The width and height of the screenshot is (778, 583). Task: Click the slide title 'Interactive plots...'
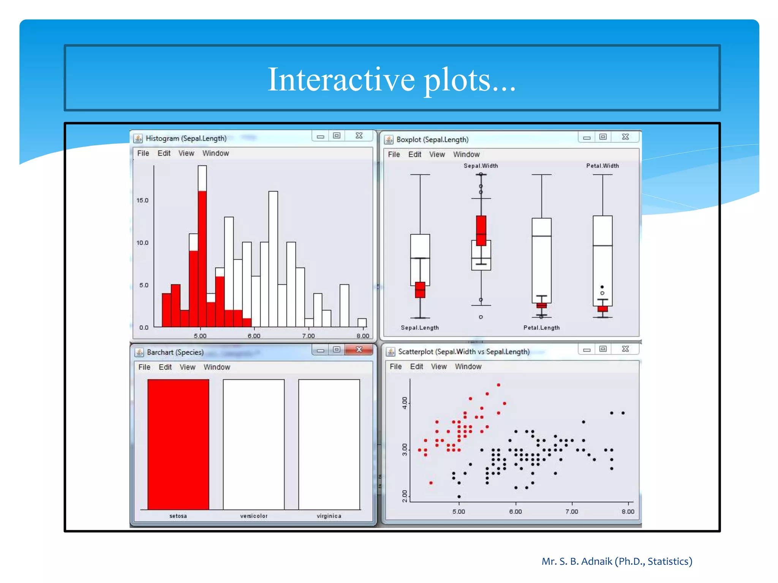pyautogui.click(x=392, y=79)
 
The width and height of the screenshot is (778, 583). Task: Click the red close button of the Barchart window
pyautogui.click(x=359, y=349)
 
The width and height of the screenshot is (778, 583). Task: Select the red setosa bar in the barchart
pyautogui.click(x=178, y=444)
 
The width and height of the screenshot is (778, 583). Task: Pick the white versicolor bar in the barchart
pyautogui.click(x=253, y=444)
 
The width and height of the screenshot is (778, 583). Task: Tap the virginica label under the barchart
pyautogui.click(x=329, y=516)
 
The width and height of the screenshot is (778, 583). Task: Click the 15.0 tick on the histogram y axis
pyautogui.click(x=142, y=200)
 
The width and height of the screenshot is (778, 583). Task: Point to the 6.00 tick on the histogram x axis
pyautogui.click(x=254, y=336)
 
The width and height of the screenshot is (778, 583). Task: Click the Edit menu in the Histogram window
pyautogui.click(x=164, y=153)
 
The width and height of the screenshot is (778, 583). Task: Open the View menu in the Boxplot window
pyautogui.click(x=437, y=154)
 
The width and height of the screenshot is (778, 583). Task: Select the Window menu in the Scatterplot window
pyautogui.click(x=468, y=367)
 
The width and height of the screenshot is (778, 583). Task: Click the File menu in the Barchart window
pyautogui.click(x=144, y=367)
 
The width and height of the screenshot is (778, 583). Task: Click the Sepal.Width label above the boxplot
pyautogui.click(x=481, y=166)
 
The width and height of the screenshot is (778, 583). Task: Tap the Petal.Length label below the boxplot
pyautogui.click(x=541, y=328)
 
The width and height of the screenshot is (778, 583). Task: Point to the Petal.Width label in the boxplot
pyautogui.click(x=602, y=166)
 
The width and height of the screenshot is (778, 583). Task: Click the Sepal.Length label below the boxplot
pyautogui.click(x=420, y=328)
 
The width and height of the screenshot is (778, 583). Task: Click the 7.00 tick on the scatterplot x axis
pyautogui.click(x=572, y=512)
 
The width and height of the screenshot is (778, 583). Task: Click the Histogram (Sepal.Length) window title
pyautogui.click(x=186, y=139)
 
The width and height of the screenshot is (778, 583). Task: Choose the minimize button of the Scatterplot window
pyautogui.click(x=587, y=350)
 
